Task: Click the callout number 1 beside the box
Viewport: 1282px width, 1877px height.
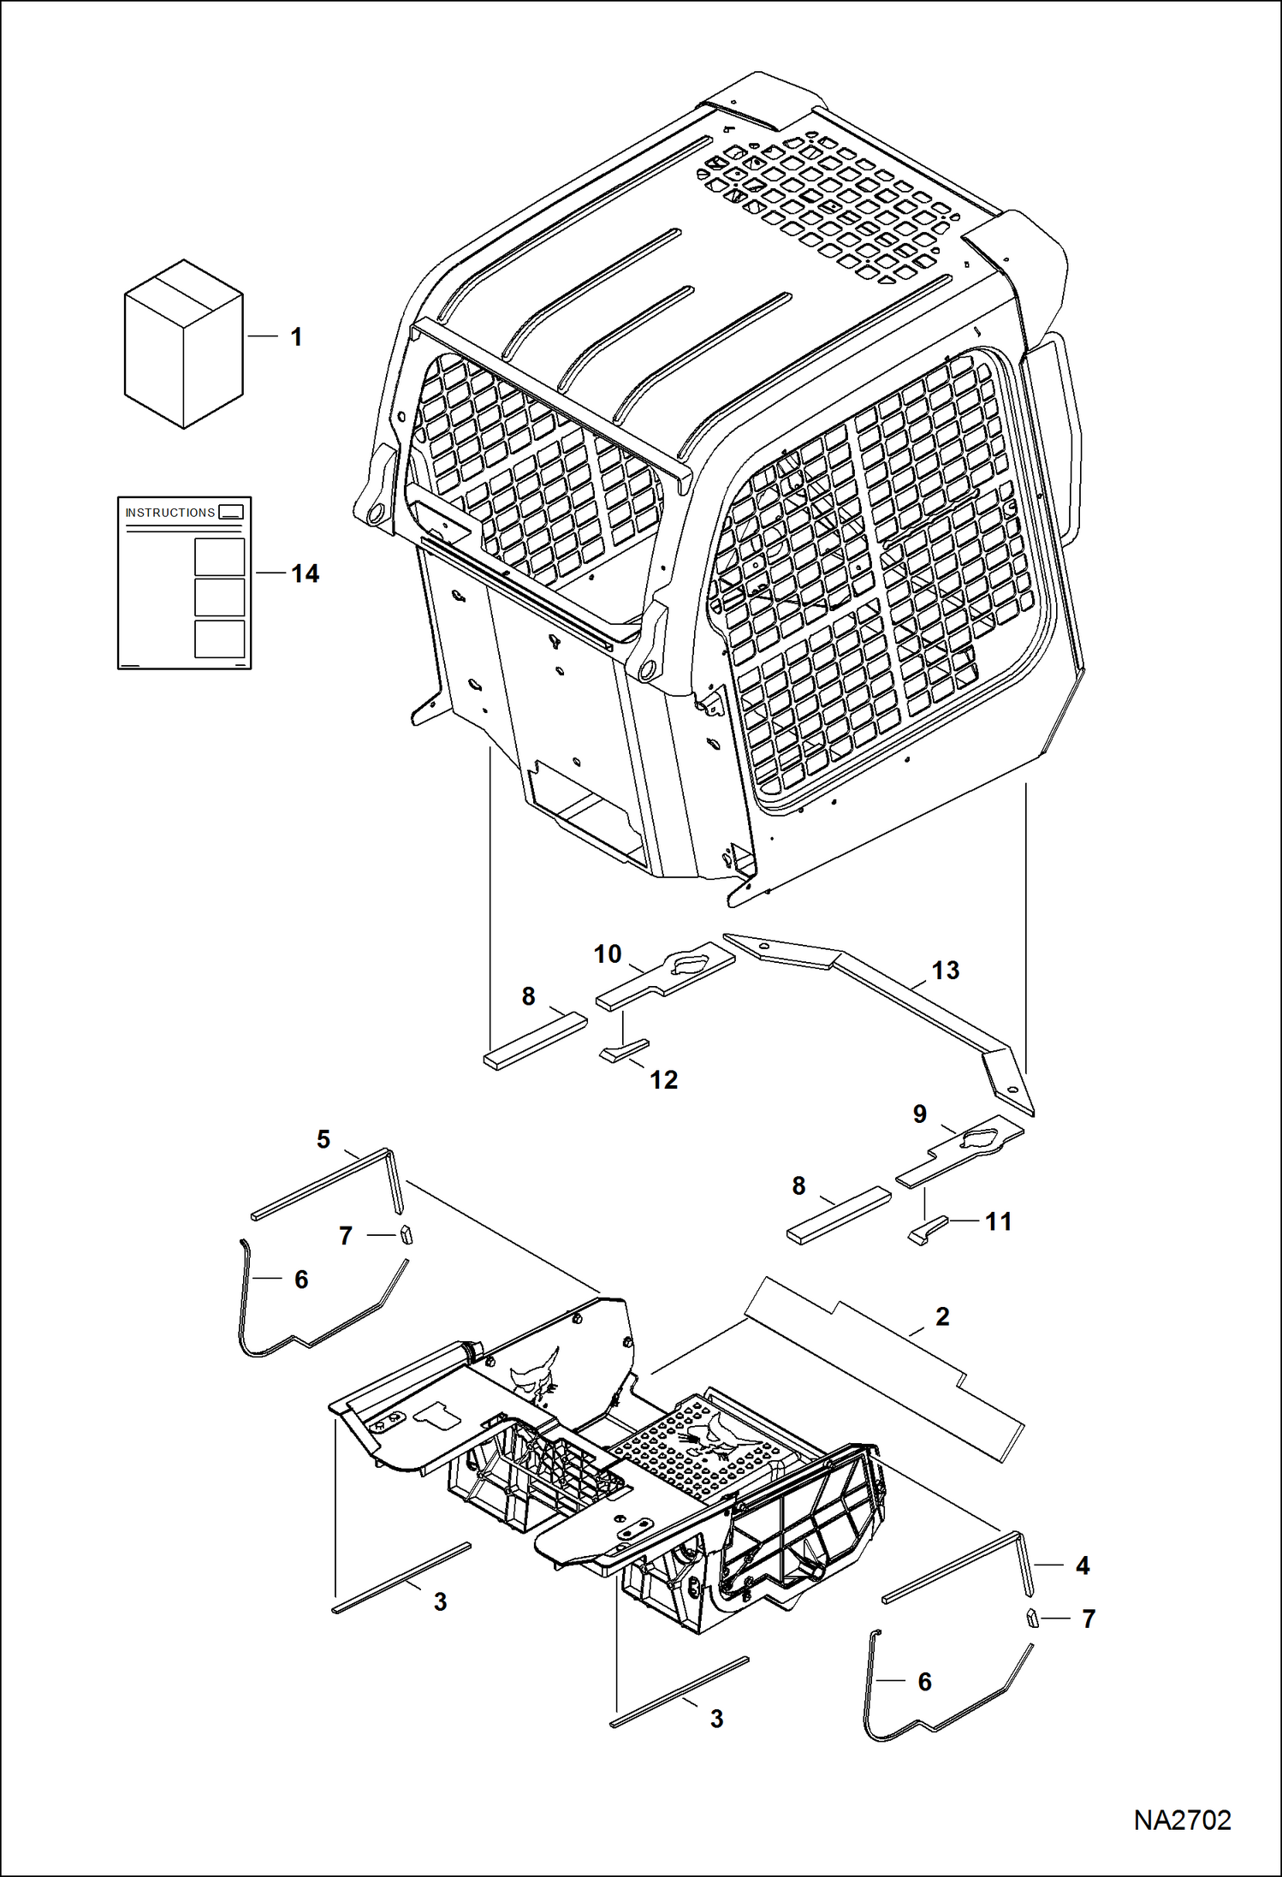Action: click(296, 337)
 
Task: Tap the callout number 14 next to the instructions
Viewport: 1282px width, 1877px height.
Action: click(305, 573)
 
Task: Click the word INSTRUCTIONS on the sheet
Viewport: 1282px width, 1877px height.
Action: click(170, 513)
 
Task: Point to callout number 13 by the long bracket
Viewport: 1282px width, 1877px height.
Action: click(945, 971)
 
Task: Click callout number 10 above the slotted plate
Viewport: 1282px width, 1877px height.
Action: click(608, 954)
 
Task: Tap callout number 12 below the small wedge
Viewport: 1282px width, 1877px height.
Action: click(663, 1080)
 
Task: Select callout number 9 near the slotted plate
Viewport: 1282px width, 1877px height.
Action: click(920, 1114)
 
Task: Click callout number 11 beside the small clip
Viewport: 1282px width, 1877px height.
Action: click(998, 1221)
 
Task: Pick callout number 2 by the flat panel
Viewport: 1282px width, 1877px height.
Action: click(942, 1316)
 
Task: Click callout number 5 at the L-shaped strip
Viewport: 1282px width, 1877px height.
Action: click(323, 1139)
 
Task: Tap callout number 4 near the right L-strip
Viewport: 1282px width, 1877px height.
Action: click(1083, 1565)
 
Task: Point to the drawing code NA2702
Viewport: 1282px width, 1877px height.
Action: click(1182, 1821)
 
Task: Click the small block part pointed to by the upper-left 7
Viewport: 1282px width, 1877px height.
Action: click(407, 1234)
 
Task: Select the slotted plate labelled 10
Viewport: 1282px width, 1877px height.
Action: click(666, 976)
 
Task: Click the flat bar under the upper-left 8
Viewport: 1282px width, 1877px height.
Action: click(536, 1041)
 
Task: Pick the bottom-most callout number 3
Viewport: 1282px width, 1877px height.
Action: click(716, 1719)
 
